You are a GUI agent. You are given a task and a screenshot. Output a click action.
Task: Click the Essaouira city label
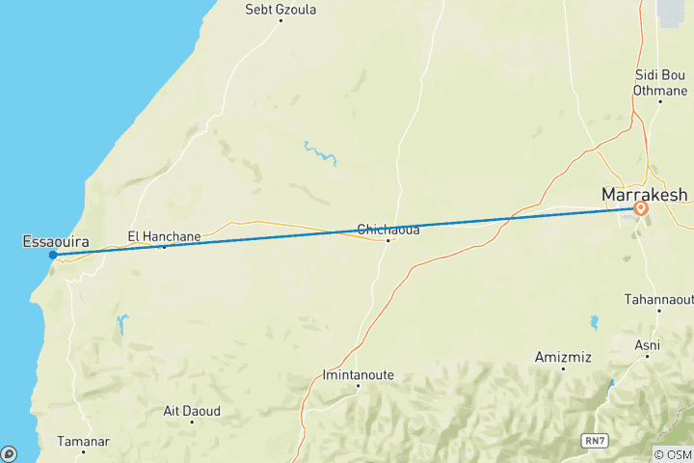point(51,241)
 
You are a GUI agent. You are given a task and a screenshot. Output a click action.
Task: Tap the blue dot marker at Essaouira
point(52,255)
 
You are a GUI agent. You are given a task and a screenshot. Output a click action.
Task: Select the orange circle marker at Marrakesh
point(641,207)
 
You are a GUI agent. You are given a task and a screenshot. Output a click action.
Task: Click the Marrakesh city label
point(644,194)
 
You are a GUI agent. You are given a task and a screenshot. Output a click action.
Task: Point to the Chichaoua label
point(387,229)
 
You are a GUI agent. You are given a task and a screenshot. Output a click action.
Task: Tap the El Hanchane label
point(164,234)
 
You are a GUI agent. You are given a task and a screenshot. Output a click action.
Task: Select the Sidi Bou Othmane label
point(659,82)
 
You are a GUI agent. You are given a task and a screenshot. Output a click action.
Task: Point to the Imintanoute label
point(358,374)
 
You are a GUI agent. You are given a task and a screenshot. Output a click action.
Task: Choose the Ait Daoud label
point(192,411)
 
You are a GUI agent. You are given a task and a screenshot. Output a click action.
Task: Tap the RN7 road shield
point(596,440)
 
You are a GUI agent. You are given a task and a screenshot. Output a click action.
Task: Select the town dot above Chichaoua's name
point(387,239)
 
